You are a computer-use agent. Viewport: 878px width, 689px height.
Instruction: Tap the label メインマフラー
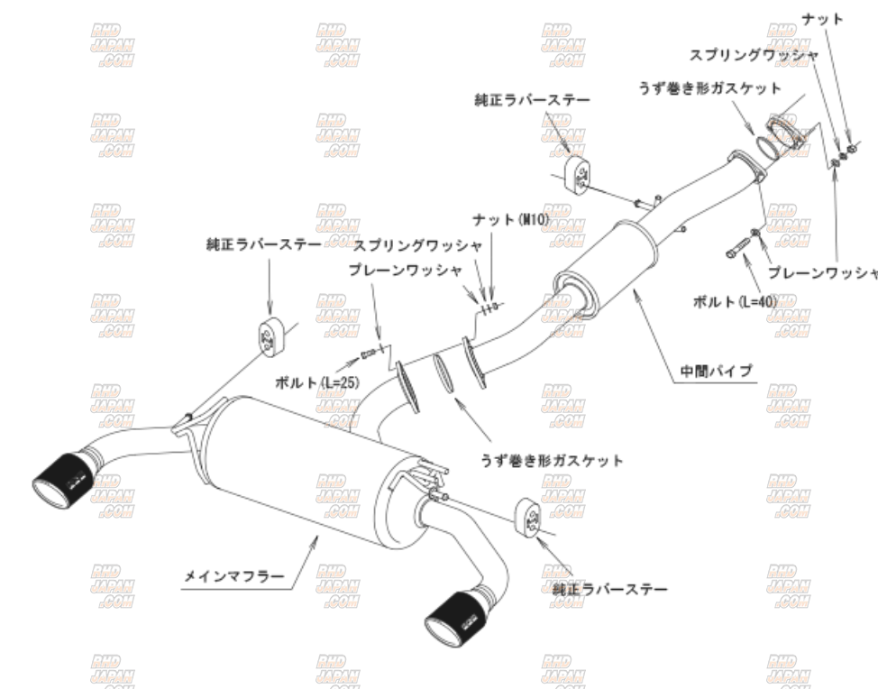(x=233, y=574)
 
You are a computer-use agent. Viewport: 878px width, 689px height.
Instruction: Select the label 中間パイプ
(x=715, y=370)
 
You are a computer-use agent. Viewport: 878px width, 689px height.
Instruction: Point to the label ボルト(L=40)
(x=734, y=301)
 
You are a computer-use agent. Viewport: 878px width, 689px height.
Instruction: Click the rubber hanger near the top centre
(x=576, y=173)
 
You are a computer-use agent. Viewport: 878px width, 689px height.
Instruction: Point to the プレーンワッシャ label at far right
(x=822, y=272)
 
